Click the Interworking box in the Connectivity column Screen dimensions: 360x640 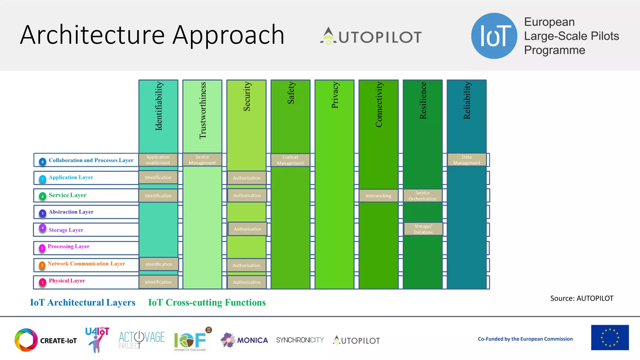[x=378, y=196]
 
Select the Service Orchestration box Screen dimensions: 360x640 [x=422, y=196]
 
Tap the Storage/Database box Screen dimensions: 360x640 [x=423, y=229]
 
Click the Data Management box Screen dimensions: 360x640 [x=467, y=160]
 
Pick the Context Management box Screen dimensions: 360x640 [x=290, y=160]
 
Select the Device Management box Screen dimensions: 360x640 [x=202, y=160]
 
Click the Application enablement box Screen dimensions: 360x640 [x=158, y=160]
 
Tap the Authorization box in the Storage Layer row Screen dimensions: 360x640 [x=247, y=229]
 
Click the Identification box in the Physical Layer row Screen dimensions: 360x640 [x=158, y=282]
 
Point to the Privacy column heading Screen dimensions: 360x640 [x=335, y=95]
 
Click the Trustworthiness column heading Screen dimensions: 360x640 [x=203, y=110]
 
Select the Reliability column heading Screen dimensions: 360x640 [x=467, y=100]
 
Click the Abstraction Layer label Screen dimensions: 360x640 [x=71, y=212]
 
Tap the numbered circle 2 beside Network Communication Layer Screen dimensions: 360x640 [x=42, y=265]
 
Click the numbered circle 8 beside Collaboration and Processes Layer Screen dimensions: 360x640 [x=43, y=162]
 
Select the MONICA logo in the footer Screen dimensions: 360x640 [x=244, y=340]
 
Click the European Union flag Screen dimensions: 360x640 [x=610, y=337]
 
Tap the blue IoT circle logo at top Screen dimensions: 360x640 [x=494, y=36]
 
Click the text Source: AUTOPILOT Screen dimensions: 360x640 [x=582, y=298]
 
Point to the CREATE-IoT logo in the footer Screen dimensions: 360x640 [x=46, y=340]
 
